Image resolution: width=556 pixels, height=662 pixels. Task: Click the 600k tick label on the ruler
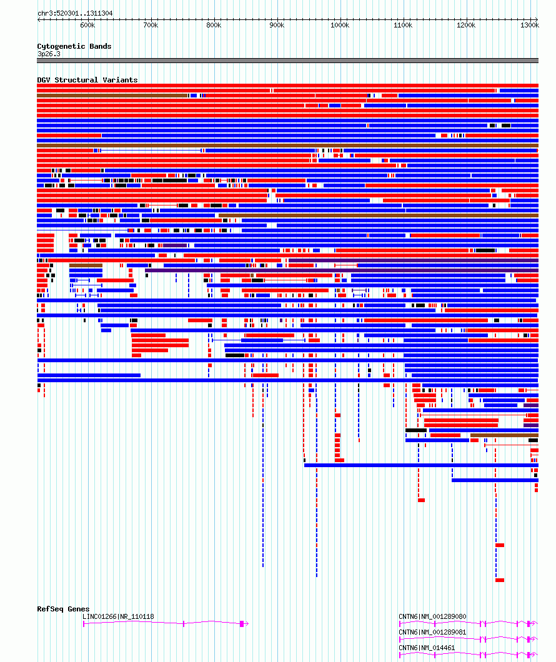click(87, 26)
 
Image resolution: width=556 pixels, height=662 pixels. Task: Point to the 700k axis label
click(151, 26)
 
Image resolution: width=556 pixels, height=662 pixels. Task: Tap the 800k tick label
click(214, 26)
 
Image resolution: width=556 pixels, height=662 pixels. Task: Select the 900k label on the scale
click(277, 26)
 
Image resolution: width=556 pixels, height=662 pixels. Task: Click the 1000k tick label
click(340, 26)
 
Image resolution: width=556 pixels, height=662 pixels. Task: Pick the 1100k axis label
click(403, 26)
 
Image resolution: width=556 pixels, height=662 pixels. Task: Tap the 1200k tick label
click(466, 26)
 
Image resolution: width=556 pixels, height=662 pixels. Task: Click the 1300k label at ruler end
click(529, 26)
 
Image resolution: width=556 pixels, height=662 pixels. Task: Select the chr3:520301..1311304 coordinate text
click(75, 14)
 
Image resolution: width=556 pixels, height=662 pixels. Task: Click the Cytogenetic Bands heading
click(74, 46)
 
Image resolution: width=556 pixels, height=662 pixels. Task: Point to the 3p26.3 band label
click(49, 54)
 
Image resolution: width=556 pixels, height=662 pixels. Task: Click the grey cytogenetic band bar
click(287, 61)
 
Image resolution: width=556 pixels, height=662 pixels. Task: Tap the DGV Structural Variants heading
click(87, 80)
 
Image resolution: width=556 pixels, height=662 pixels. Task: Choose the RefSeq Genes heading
click(63, 609)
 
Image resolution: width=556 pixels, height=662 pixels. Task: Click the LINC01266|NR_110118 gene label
click(118, 616)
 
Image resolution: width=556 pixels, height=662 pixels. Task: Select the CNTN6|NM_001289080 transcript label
click(432, 616)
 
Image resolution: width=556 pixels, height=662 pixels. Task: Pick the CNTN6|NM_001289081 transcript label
click(432, 632)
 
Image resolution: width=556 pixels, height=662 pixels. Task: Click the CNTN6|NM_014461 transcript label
click(427, 648)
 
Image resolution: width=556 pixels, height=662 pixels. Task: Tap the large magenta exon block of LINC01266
click(242, 623)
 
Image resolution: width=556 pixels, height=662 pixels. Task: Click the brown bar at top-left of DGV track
click(112, 96)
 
